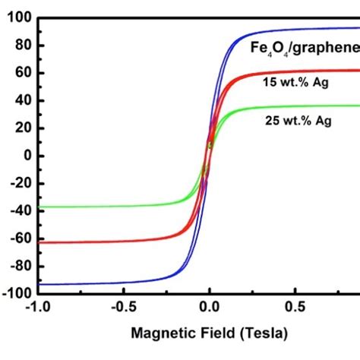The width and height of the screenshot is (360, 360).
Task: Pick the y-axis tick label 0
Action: pyautogui.click(x=24, y=156)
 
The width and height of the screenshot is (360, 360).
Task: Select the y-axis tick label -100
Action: pyautogui.click(x=14, y=293)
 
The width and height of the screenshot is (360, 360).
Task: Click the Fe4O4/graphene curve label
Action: pyautogui.click(x=305, y=49)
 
